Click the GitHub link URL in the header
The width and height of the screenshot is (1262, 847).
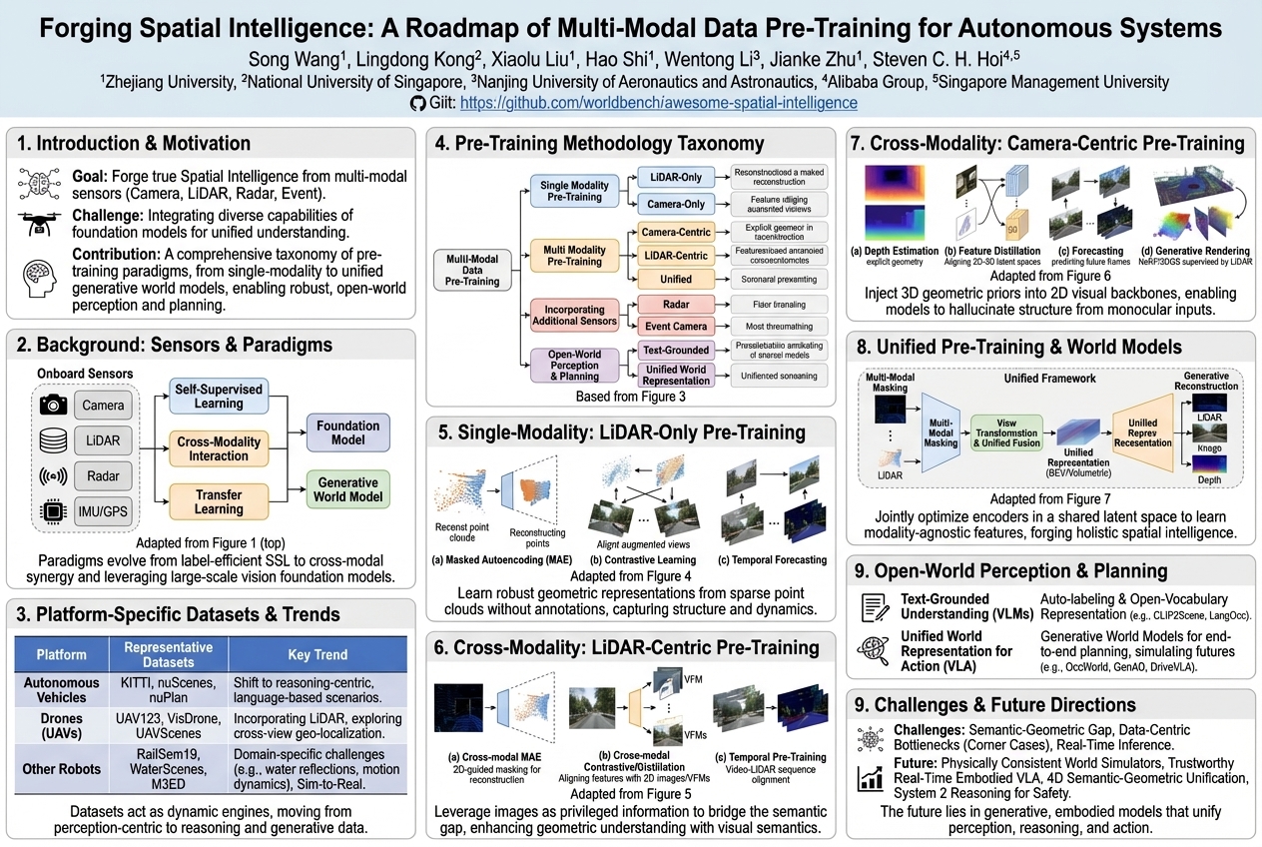point(659,103)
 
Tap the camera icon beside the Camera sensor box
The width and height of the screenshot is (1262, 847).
point(52,405)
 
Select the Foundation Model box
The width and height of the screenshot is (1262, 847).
point(348,431)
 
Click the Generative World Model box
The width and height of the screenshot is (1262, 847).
point(348,490)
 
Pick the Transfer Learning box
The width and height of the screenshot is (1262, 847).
point(218,501)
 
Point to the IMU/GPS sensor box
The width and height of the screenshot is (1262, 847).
point(104,512)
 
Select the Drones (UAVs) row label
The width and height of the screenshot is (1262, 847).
point(63,725)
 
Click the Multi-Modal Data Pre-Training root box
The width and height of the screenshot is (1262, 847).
point(472,269)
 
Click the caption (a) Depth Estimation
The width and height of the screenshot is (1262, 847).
point(894,251)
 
